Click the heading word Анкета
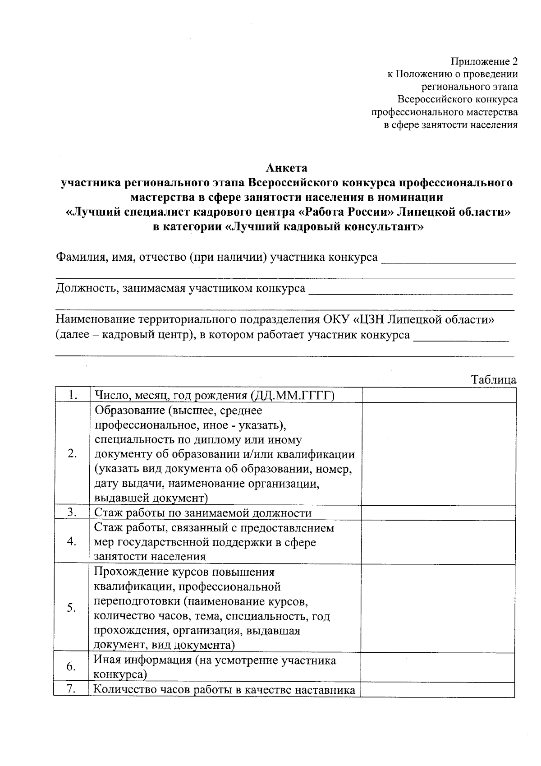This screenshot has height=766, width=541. (x=287, y=168)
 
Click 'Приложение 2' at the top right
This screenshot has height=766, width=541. (x=484, y=62)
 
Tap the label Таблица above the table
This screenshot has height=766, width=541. (x=494, y=379)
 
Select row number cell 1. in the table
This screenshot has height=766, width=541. (x=72, y=395)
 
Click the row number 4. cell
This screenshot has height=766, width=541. (x=72, y=541)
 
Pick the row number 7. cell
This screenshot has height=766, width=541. (x=72, y=690)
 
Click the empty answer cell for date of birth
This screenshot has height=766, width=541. (x=439, y=395)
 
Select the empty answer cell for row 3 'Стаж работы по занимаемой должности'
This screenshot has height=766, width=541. (x=439, y=512)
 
